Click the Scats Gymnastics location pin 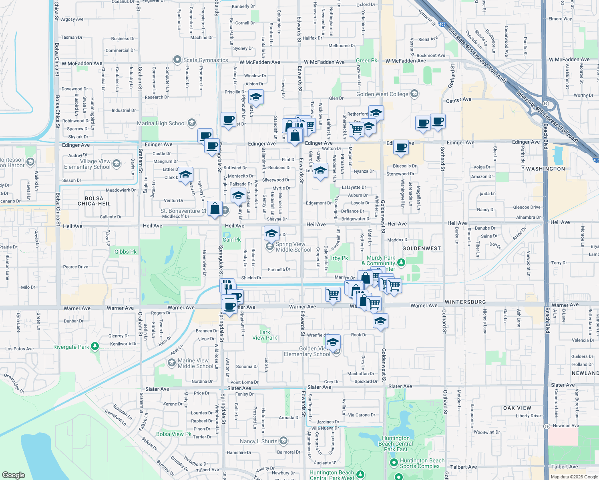click(177, 60)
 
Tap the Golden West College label click(382, 94)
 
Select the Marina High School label click(161, 123)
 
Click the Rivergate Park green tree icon click(95, 346)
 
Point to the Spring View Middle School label click(293, 247)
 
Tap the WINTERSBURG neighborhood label click(465, 302)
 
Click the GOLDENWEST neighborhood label click(421, 248)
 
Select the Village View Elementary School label click(87, 164)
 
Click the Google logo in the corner click(14, 475)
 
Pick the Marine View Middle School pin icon click(172, 362)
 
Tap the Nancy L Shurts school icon click(283, 441)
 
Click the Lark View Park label click(265, 335)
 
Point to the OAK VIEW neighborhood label click(517, 408)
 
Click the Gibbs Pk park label click(125, 252)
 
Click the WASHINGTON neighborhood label click(545, 169)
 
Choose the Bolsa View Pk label click(174, 434)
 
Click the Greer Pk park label click(366, 61)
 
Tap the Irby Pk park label click(340, 258)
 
